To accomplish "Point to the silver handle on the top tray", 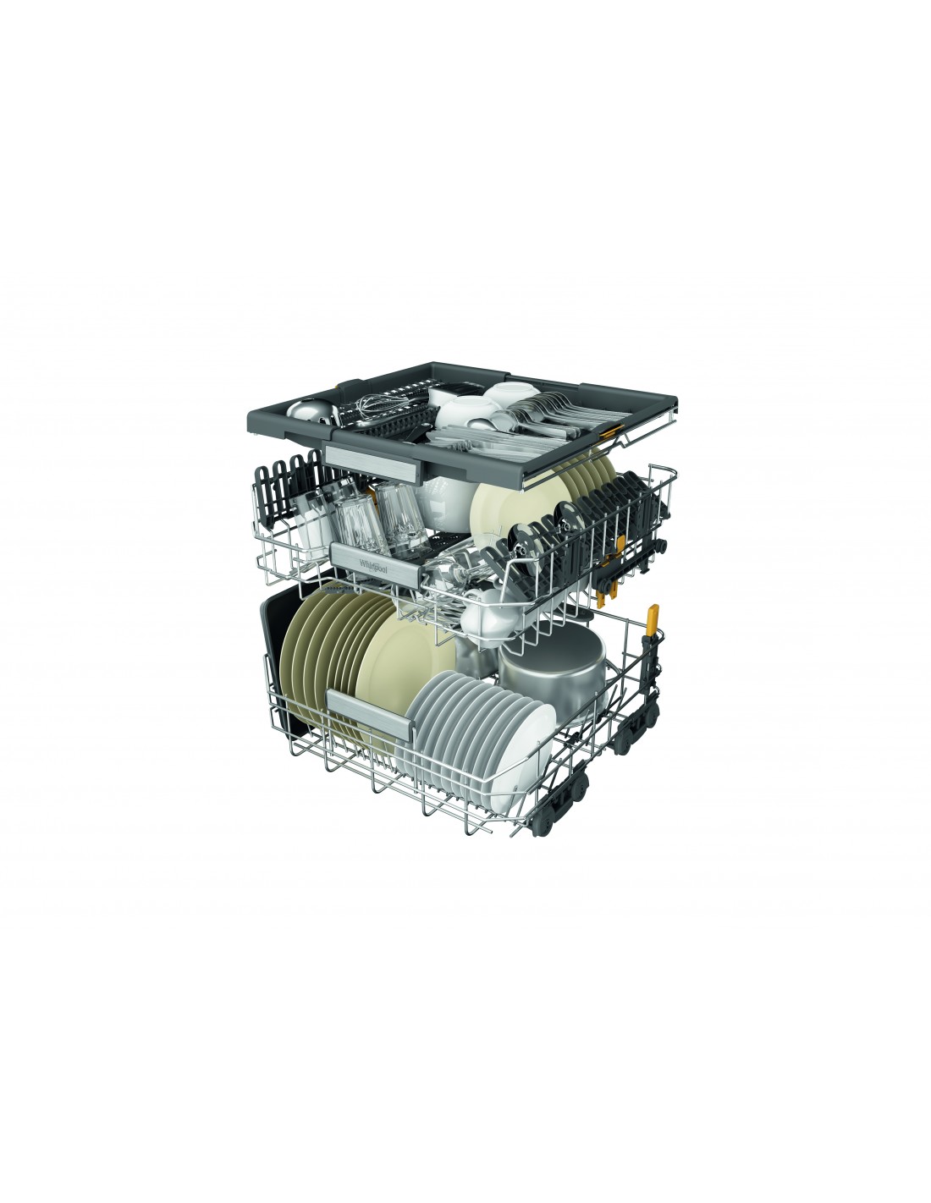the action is (374, 459).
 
